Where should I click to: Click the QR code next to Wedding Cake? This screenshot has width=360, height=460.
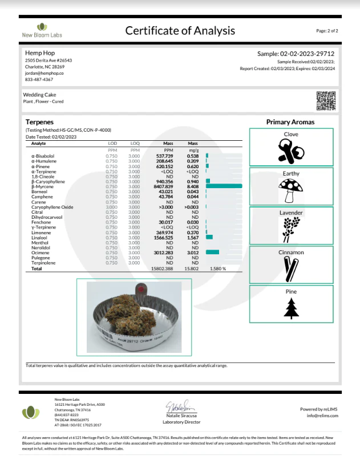pos(326,100)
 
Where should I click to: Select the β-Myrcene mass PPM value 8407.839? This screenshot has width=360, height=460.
pos(163,186)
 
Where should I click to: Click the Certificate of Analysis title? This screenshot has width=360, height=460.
pos(180,31)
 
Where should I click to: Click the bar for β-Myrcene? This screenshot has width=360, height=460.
pos(224,186)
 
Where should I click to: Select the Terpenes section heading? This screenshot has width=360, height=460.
pos(39,122)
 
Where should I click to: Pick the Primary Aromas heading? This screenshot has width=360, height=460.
pos(290,122)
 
